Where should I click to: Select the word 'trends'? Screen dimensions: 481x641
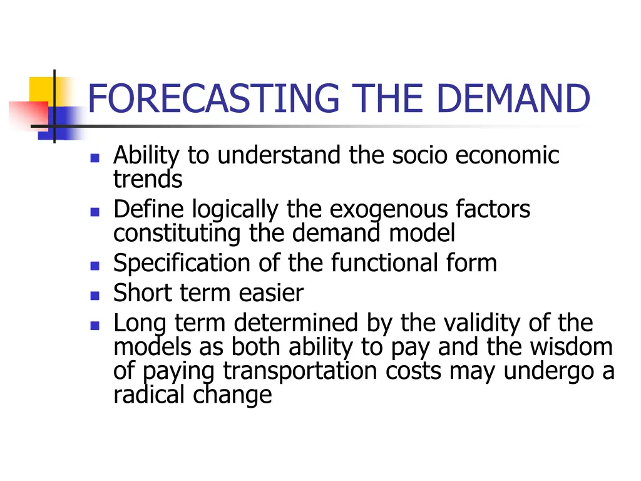click(148, 180)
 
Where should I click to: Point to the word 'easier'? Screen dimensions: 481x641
click(275, 292)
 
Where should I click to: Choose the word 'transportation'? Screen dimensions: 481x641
click(300, 371)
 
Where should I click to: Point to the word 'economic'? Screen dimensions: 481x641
click(507, 155)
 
